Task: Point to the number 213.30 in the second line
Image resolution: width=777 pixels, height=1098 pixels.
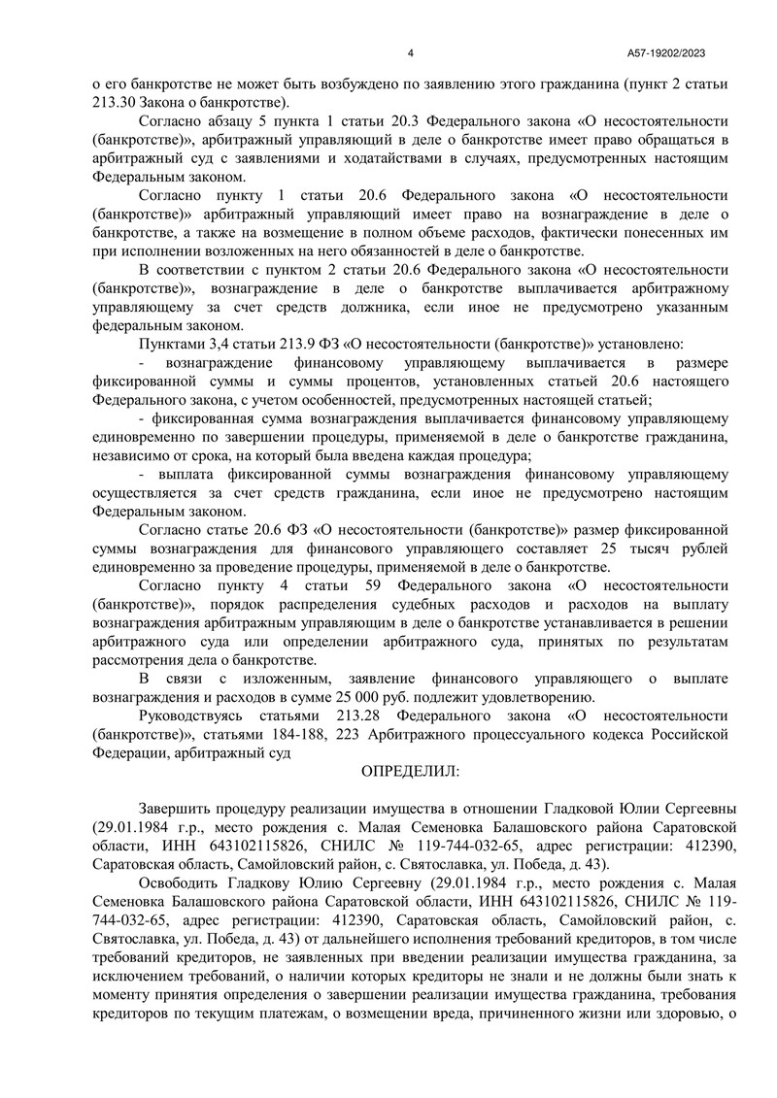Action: (x=116, y=102)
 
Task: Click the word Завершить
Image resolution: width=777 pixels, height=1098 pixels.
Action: (x=179, y=809)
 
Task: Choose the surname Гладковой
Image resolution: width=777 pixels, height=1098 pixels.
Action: (x=579, y=809)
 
